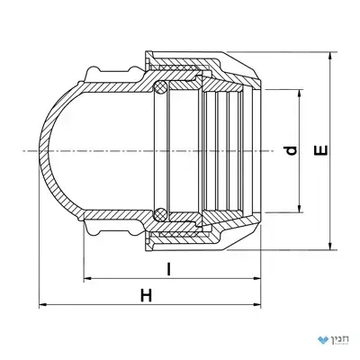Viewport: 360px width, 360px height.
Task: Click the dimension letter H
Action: coord(147,295)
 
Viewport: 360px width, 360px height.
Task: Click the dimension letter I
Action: coord(169,269)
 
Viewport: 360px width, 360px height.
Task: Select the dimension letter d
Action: coord(291,150)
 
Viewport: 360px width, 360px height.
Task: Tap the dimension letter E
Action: coord(321,150)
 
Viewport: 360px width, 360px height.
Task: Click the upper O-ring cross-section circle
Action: coord(160,86)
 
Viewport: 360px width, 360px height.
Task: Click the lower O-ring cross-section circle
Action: coord(160,214)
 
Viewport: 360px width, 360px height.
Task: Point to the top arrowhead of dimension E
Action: coord(330,56)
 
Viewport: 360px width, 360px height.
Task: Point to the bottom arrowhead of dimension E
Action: coord(330,246)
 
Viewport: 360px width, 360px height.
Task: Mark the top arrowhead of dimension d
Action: coord(299,93)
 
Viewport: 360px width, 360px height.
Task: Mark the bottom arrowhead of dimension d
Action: coord(299,209)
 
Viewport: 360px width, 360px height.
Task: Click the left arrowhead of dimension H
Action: coord(43,305)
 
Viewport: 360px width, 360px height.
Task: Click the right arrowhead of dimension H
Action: coord(257,305)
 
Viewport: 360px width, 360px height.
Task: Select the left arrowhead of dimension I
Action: coord(87,279)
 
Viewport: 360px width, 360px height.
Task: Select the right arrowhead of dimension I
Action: coord(257,279)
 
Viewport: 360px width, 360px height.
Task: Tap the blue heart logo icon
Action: coord(323,340)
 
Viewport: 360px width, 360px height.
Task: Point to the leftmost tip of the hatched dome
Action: coord(40,150)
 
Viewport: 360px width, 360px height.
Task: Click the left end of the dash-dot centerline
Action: coord(22,150)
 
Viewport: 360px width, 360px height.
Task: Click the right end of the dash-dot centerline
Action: coord(274,150)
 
